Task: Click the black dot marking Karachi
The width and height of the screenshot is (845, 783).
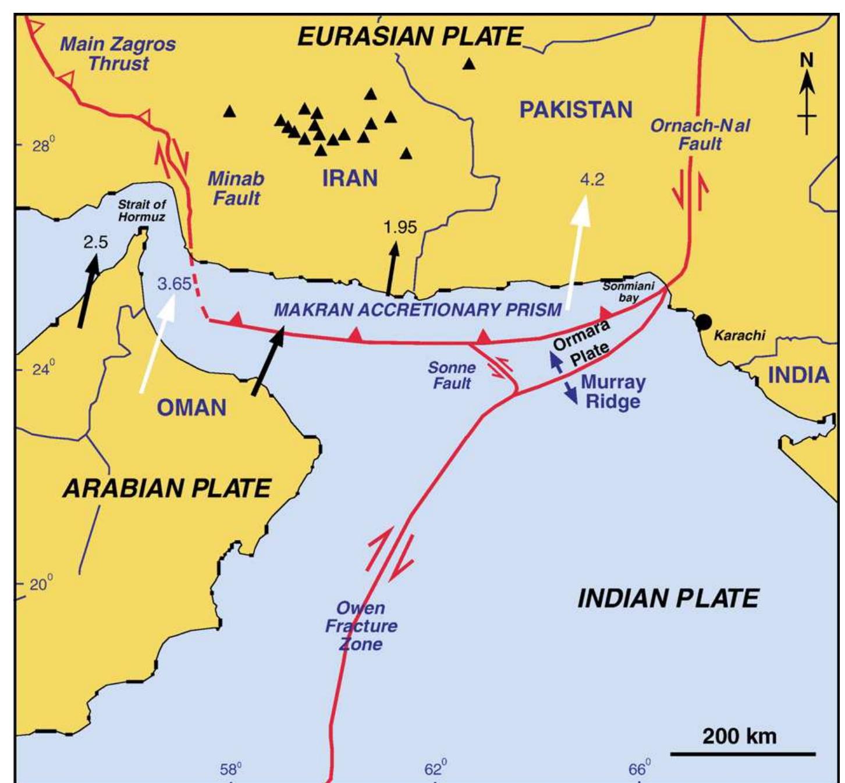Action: pyautogui.click(x=704, y=321)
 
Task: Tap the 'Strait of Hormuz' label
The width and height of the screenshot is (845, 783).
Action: pyautogui.click(x=142, y=211)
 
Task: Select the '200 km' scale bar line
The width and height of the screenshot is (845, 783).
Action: pyautogui.click(x=743, y=754)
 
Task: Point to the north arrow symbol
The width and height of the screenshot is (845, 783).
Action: pyautogui.click(x=807, y=93)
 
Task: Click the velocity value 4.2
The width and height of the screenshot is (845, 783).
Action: pyautogui.click(x=592, y=179)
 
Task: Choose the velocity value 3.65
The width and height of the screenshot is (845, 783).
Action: pyautogui.click(x=174, y=284)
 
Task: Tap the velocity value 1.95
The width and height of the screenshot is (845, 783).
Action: pyautogui.click(x=400, y=227)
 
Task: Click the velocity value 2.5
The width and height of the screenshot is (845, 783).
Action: pyautogui.click(x=95, y=242)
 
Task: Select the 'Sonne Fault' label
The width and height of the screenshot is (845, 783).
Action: pyautogui.click(x=452, y=375)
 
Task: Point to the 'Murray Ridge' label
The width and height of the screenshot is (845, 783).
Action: pyautogui.click(x=613, y=392)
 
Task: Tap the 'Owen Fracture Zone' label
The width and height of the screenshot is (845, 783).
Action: pyautogui.click(x=361, y=626)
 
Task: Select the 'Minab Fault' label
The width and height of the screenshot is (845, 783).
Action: pyautogui.click(x=236, y=188)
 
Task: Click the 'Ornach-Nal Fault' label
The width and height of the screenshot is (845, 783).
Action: pyautogui.click(x=700, y=134)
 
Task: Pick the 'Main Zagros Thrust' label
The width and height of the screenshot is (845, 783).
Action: pyautogui.click(x=118, y=53)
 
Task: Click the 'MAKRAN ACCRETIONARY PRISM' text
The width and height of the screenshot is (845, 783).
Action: pyautogui.click(x=417, y=309)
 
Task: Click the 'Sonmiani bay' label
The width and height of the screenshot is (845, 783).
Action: pyautogui.click(x=629, y=291)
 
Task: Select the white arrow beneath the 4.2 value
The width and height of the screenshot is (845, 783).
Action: pyautogui.click(x=578, y=250)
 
